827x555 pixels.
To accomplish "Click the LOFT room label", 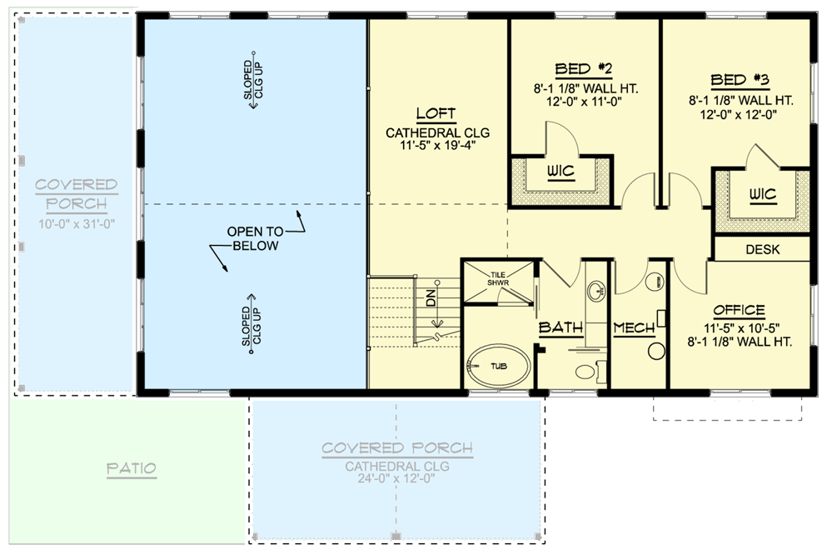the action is [436, 113].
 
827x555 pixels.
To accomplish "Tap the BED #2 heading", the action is [583, 69].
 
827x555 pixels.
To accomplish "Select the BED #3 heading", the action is [740, 80].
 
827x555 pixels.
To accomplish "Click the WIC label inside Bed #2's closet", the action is [560, 171].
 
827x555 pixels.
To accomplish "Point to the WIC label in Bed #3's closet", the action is [763, 195].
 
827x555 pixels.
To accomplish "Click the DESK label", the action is [763, 249].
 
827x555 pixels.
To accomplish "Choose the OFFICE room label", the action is [739, 310].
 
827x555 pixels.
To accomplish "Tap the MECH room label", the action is [634, 328].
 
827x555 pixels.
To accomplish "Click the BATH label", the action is [560, 327].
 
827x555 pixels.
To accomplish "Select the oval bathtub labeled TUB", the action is [498, 366].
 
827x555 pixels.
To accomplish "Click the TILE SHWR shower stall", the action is [498, 283].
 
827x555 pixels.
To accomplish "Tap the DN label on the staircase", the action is [431, 298].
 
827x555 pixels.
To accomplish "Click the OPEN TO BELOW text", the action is [256, 238].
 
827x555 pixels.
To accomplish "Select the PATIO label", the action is [132, 468].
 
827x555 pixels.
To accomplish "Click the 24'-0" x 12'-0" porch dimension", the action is [396, 478].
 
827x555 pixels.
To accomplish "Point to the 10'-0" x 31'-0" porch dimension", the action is [77, 223].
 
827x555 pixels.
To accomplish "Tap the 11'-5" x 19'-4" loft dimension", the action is [438, 145].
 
